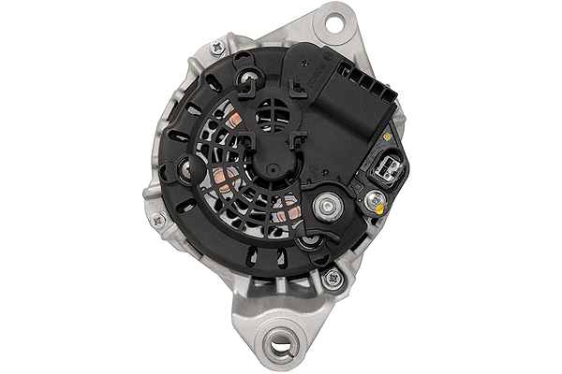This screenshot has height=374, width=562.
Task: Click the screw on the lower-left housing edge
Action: pyautogui.click(x=158, y=221)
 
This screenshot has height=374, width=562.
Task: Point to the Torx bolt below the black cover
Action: pyautogui.click(x=331, y=277)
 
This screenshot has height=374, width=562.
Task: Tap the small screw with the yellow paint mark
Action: pyautogui.click(x=374, y=197)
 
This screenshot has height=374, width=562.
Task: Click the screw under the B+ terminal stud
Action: pyautogui.click(x=308, y=243)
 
